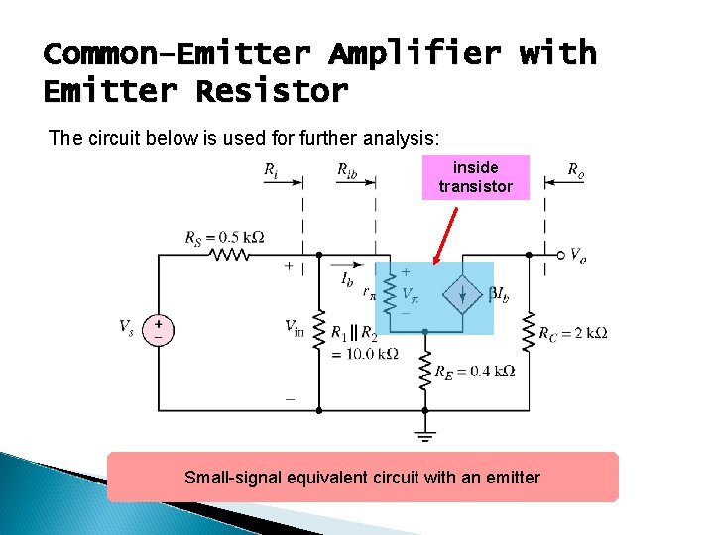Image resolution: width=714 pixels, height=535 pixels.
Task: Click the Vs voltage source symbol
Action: (x=158, y=330)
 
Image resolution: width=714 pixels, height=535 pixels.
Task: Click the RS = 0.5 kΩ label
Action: (x=224, y=238)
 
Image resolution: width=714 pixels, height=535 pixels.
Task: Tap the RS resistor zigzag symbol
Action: (x=231, y=255)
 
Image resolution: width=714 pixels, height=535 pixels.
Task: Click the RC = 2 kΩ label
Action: (x=572, y=333)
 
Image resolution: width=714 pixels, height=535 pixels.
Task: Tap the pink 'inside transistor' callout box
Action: (x=476, y=177)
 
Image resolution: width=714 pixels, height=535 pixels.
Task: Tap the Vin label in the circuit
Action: (x=295, y=327)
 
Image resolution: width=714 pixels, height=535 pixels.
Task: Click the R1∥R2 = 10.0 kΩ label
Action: (x=364, y=343)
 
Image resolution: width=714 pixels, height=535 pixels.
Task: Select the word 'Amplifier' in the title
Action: (x=417, y=53)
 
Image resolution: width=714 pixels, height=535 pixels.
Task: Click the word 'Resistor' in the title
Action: (x=272, y=91)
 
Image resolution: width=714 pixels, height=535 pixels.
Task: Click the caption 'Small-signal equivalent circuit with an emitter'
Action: (x=362, y=478)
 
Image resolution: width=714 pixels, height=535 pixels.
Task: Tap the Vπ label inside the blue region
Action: (x=409, y=294)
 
